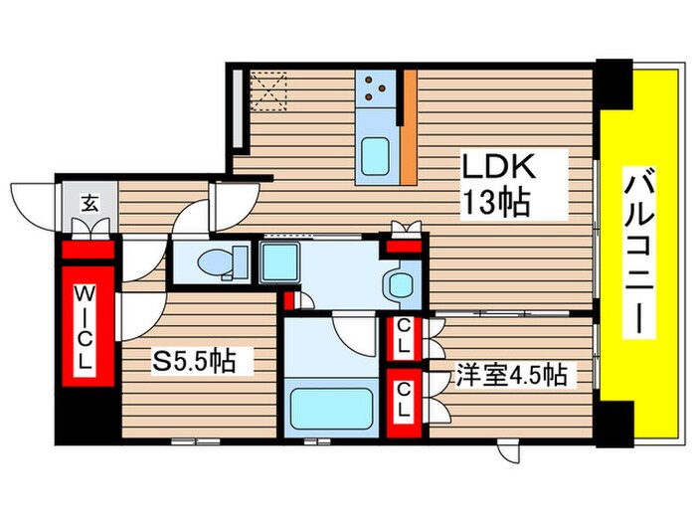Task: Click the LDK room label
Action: (498, 167)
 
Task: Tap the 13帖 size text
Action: (496, 202)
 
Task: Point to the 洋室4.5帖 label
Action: (512, 374)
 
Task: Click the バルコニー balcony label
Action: (639, 252)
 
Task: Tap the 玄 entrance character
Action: (90, 203)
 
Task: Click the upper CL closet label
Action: (403, 336)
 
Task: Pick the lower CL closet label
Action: (403, 400)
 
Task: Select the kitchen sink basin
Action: (375, 157)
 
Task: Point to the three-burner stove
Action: (376, 88)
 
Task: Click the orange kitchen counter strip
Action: (410, 127)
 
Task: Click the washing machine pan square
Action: (279, 262)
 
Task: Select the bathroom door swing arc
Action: (354, 334)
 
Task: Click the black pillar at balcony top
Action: (614, 84)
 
